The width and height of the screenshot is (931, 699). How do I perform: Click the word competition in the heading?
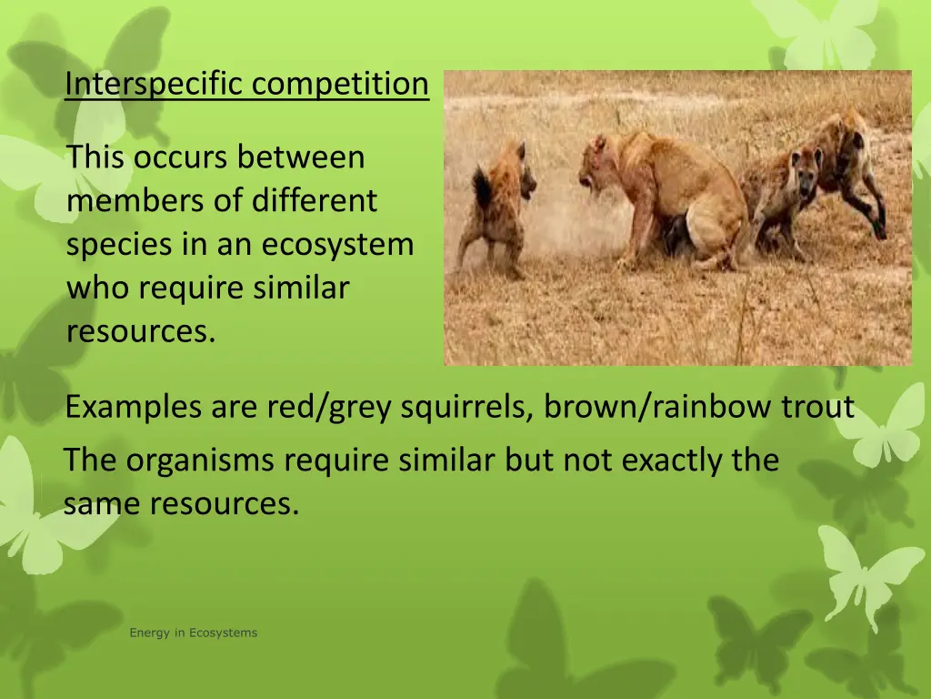(340, 84)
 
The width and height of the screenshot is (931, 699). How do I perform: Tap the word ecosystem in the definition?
(338, 244)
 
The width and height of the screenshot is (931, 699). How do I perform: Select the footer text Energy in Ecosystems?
(193, 633)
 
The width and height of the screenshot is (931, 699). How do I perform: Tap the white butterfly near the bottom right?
(864, 569)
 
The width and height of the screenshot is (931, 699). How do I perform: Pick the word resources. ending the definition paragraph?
(141, 331)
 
